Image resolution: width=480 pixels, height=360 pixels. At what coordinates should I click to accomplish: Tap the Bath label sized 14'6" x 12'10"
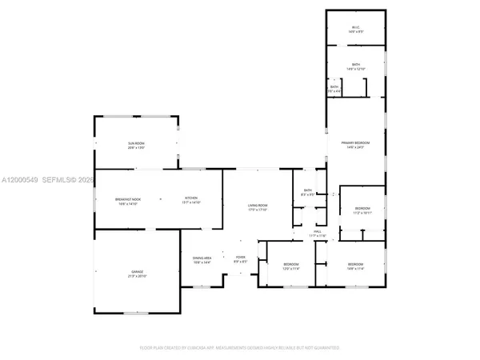click(356, 66)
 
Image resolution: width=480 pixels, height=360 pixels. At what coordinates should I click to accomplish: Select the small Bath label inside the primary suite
click(334, 89)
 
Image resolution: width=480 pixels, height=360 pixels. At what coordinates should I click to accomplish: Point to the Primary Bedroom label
click(355, 143)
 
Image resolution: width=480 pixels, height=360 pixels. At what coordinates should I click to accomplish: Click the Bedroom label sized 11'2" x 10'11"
click(363, 210)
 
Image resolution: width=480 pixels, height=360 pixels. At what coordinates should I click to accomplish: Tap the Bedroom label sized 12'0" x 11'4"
click(290, 266)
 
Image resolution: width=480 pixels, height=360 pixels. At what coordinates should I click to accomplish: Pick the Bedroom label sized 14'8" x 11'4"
click(355, 266)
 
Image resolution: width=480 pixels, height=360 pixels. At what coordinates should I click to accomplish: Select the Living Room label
click(257, 206)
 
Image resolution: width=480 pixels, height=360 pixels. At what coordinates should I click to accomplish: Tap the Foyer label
click(239, 259)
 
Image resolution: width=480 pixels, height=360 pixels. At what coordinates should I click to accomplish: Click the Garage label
click(137, 273)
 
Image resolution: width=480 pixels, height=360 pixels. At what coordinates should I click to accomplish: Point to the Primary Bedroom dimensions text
click(355, 148)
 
